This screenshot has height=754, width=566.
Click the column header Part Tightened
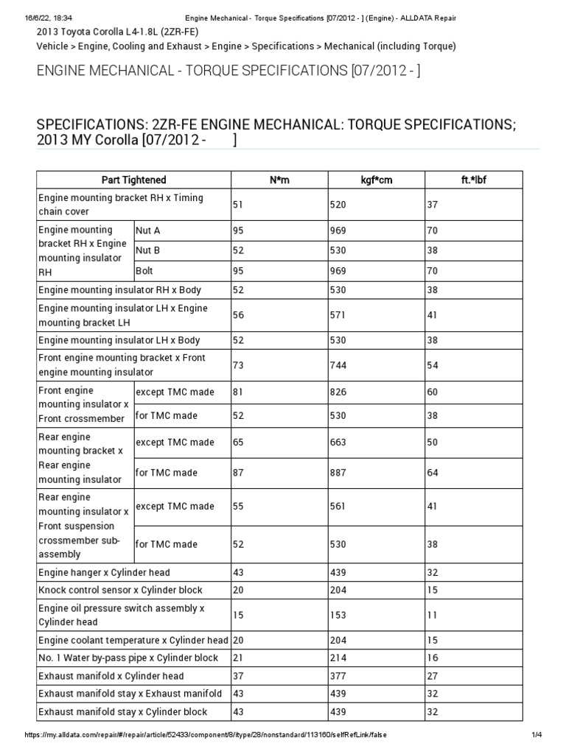coord(133,180)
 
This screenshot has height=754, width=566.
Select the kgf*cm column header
coord(376,180)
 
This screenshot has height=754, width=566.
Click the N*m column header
coord(279,180)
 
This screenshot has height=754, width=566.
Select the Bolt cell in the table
coord(144,271)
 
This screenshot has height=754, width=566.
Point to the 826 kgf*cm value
coord(338,392)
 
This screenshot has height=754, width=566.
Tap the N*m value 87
coord(238,472)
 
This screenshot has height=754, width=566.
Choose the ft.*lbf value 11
coord(433,615)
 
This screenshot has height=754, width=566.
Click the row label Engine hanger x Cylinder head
coord(104,573)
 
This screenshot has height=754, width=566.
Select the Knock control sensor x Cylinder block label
coord(120,591)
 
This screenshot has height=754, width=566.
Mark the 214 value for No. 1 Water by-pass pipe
coord(338,658)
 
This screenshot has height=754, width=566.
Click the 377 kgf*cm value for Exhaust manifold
coord(338,676)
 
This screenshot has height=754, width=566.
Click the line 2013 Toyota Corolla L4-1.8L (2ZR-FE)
coord(117,33)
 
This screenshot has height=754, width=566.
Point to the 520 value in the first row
coord(338,205)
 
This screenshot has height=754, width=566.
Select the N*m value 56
coord(238,315)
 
